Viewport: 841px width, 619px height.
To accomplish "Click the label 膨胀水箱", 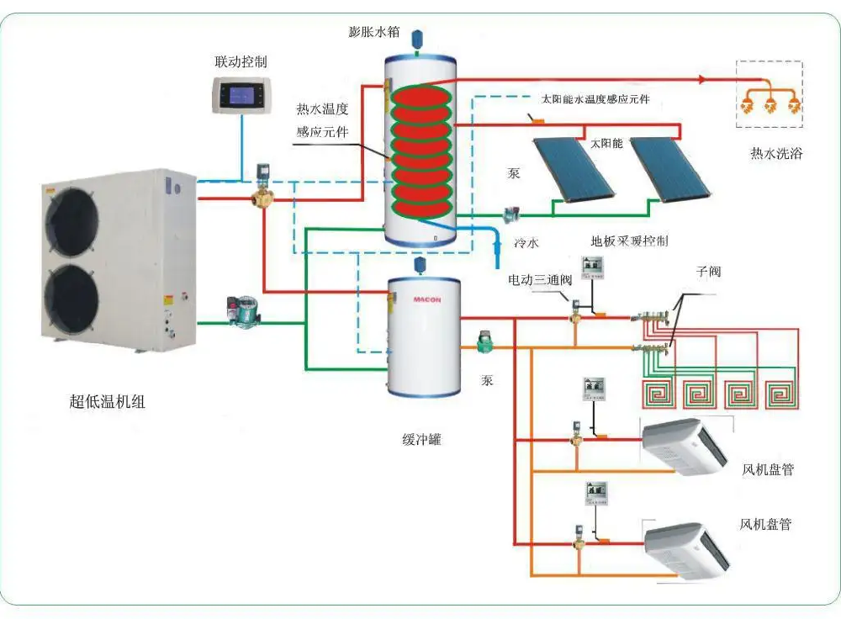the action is point(374,32).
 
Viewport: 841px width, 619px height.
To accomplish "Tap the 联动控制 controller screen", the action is point(242,96).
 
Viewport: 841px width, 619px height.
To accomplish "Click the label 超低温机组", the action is point(108,401).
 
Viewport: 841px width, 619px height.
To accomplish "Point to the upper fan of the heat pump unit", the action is point(72,220).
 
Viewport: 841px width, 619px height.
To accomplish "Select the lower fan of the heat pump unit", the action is point(71,299).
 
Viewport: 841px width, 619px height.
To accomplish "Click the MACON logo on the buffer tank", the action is point(427,300).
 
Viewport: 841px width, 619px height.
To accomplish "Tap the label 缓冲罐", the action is point(421,440).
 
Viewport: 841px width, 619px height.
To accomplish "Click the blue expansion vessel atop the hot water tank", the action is point(417,39).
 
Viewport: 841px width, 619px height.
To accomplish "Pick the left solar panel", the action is point(574,170).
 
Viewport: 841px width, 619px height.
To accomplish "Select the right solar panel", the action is point(670,169).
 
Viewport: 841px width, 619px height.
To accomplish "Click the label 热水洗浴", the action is point(776,153).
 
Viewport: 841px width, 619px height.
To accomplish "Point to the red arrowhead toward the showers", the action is point(703,79).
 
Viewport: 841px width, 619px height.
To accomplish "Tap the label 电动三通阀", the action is point(540,279).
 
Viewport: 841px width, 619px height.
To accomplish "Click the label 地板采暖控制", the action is point(630,241).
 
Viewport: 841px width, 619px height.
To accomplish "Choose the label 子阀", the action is point(708,272).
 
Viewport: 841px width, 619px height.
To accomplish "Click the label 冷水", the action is point(526,243).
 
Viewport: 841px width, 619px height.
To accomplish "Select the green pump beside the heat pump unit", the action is point(244,311).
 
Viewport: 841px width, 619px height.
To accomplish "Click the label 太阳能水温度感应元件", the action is point(595,99).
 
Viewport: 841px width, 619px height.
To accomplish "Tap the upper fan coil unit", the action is point(685,447).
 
